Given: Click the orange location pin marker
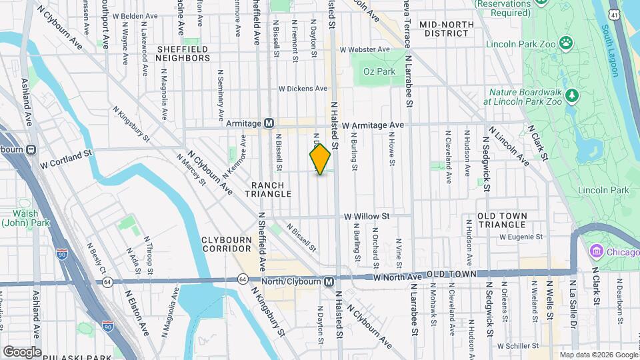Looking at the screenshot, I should point(320,159).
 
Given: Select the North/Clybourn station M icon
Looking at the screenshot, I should point(329,282).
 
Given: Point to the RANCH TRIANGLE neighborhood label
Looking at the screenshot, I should point(271,189).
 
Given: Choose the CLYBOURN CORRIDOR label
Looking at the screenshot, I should point(227,243).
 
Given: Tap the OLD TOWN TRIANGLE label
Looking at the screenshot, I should point(503,221).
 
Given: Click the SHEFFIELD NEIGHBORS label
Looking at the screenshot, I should point(183,53).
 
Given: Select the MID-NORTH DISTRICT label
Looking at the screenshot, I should point(447,29).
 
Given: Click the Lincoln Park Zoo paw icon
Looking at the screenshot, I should point(566,43).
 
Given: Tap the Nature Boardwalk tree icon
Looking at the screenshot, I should point(571,97).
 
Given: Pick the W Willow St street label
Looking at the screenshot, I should point(366,217).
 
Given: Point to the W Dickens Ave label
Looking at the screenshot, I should point(303,88).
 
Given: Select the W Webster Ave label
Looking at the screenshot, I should point(364,49).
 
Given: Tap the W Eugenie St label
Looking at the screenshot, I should point(521,237).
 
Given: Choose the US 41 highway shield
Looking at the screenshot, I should point(631,14).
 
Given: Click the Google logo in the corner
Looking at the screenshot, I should point(22,351).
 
